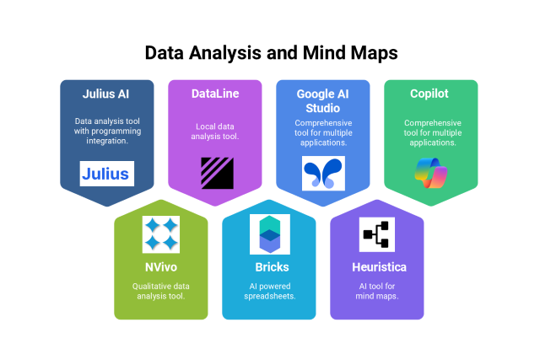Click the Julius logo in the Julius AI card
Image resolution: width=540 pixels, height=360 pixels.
(106, 174)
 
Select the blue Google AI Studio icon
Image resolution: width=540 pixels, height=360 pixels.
(323, 173)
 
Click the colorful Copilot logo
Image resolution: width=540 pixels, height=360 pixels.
(430, 173)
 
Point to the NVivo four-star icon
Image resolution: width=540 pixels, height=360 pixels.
(160, 234)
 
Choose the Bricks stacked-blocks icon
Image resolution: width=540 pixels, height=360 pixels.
(269, 234)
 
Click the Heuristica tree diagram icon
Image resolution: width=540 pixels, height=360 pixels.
(376, 234)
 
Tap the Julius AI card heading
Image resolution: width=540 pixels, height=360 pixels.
(106, 94)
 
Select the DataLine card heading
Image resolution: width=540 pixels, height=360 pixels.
(215, 94)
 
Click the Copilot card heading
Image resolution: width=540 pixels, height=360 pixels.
(430, 94)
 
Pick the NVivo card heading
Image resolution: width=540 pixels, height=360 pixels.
(160, 267)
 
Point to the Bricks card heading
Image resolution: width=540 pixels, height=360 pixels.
(269, 267)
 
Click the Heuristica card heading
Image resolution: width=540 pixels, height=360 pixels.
(376, 267)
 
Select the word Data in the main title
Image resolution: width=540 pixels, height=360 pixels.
(165, 52)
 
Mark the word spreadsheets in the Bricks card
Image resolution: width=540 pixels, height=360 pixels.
(269, 296)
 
